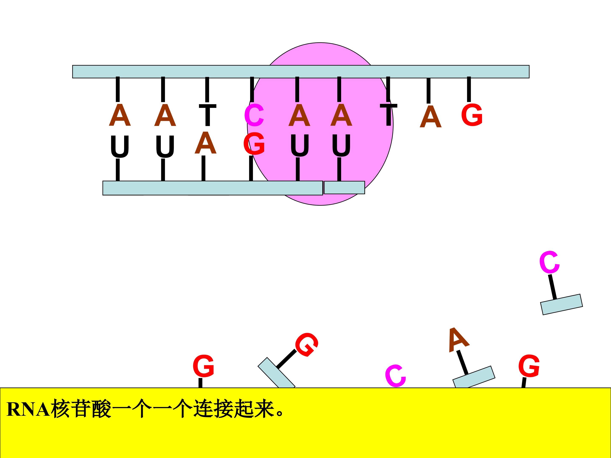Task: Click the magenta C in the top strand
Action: (254, 115)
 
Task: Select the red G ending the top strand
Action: (472, 115)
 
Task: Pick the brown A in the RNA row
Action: (205, 143)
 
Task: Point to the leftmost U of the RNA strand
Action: (120, 147)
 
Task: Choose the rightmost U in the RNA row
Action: (341, 145)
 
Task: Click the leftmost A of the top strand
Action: (120, 115)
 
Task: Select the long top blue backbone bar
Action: (301, 72)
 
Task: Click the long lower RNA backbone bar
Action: (213, 188)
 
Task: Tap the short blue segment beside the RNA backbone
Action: (345, 187)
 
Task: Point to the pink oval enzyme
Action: (320, 124)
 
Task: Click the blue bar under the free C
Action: (562, 304)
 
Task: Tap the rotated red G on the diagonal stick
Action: (307, 345)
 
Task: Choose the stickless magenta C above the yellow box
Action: (395, 376)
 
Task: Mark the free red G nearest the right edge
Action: (529, 366)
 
